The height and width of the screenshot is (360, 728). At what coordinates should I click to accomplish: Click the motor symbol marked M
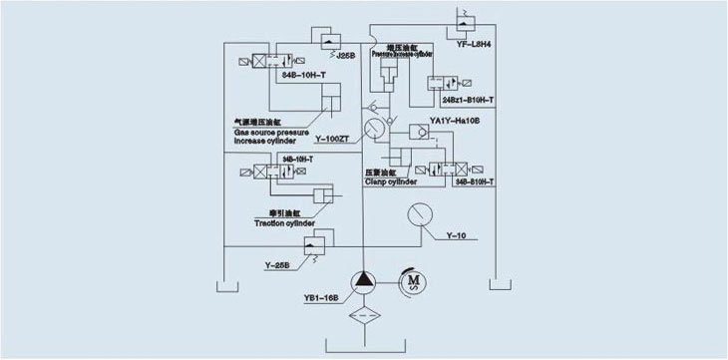click(x=411, y=282)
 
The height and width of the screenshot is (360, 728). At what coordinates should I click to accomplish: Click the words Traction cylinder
click(x=285, y=224)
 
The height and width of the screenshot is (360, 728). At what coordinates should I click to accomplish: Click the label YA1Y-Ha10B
click(x=455, y=121)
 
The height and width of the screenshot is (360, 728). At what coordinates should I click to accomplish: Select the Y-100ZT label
click(x=331, y=138)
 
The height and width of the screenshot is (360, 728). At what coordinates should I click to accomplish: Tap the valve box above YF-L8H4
click(x=467, y=18)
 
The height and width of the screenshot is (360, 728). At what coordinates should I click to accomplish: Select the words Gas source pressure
click(x=272, y=133)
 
